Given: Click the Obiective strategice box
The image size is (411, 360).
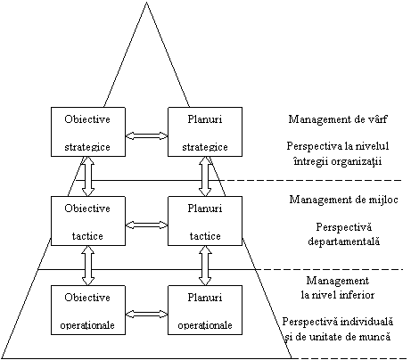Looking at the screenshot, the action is [x=88, y=132].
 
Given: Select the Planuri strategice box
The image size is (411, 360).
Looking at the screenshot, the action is [x=205, y=132].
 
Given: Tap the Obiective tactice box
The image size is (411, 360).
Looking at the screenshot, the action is [x=88, y=221].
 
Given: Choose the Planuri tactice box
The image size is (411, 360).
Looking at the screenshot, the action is [x=205, y=221].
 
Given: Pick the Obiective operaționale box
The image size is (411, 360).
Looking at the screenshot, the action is [x=88, y=310].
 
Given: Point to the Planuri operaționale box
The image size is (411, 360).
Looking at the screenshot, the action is [x=205, y=310].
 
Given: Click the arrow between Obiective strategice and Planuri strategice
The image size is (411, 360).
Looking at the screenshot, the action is [x=147, y=135].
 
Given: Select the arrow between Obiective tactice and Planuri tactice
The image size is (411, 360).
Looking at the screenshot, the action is [x=147, y=225].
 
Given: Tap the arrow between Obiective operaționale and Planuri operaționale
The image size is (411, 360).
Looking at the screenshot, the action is [x=147, y=314].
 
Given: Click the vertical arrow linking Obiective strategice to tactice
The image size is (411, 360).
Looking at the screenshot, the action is [x=88, y=176].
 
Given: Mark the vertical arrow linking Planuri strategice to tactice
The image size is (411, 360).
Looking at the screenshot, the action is [x=205, y=176].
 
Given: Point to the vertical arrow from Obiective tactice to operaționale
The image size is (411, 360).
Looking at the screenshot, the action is [x=88, y=266].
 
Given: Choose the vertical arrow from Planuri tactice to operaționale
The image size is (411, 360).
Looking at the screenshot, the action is [x=205, y=266].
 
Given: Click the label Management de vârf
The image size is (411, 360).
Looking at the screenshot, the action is [x=338, y=119].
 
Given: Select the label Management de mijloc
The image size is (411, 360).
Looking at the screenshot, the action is [x=343, y=200].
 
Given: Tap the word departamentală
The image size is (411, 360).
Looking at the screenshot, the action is [x=344, y=241].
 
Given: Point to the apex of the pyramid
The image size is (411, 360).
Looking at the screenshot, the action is [x=146, y=3].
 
